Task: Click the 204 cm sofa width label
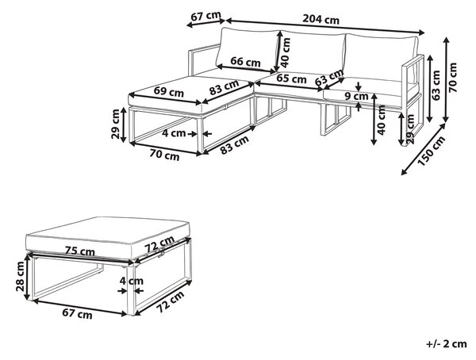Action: tap(321, 19)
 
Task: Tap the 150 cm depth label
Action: tap(431, 151)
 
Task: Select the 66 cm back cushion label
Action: tap(245, 62)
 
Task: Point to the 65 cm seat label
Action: tap(291, 79)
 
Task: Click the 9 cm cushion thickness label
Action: tap(356, 97)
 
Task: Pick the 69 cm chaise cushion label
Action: tap(169, 92)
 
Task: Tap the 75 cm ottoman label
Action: tap(80, 251)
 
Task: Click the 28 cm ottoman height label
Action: tap(21, 276)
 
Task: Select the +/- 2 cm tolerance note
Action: tap(446, 344)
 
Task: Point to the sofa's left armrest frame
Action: tap(201, 59)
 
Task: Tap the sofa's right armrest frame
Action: tap(413, 100)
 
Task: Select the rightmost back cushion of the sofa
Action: tap(381, 58)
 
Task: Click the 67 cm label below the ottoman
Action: tap(77, 314)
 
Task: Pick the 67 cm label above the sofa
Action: tap(205, 17)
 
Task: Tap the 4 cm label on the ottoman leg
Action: tap(132, 281)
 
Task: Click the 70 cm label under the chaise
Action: tap(164, 155)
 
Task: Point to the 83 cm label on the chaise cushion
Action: tap(224, 87)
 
